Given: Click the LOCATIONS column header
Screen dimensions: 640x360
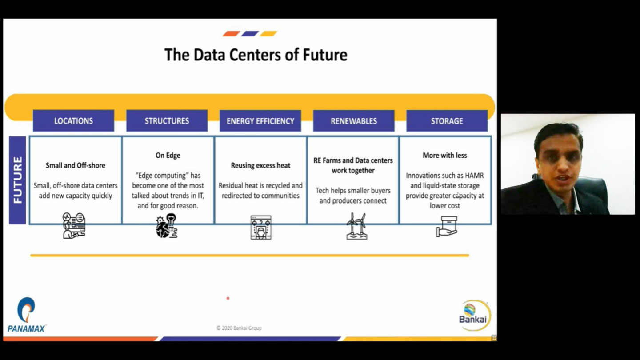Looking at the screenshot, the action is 73,120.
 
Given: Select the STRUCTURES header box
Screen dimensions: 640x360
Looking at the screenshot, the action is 167,120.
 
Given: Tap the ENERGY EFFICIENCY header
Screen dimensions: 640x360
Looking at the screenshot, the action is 260,121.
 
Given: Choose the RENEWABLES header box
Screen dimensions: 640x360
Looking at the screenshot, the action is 354,121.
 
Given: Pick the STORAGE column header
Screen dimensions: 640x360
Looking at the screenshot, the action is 447,121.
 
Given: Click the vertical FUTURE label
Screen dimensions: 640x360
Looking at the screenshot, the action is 17,180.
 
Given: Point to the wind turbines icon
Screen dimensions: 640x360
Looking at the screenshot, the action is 357,226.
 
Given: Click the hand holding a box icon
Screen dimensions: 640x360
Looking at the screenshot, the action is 447,226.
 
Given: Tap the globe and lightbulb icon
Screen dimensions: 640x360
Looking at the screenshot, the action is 167,226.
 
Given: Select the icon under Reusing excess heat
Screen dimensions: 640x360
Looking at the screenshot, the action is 261,228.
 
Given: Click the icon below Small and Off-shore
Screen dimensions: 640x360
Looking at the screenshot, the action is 74,225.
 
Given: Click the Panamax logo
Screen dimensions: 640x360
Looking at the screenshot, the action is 26,315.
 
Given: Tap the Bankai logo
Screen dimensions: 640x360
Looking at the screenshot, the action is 475,315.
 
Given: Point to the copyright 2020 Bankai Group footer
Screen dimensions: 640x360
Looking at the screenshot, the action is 239,328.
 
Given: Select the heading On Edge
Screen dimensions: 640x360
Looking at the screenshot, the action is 168,156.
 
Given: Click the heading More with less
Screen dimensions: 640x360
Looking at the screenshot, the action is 445,156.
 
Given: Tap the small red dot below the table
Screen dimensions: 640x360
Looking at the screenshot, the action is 228,298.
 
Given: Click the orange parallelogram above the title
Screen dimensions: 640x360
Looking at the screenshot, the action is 231,34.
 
